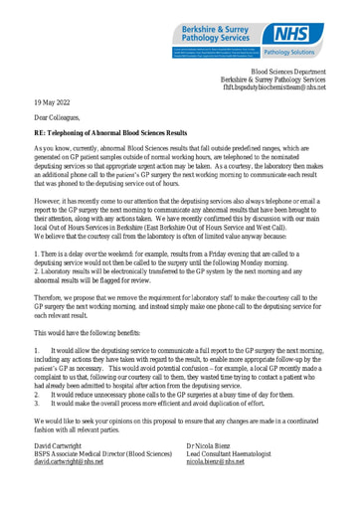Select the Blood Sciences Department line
click(291, 74)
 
